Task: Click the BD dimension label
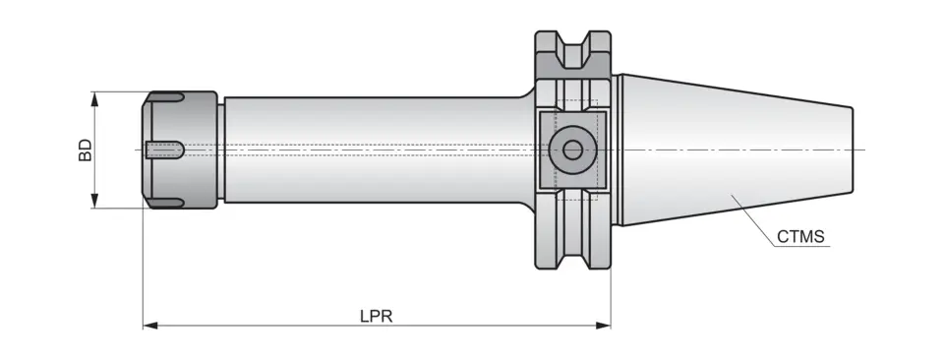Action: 86,150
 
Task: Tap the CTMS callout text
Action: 799,237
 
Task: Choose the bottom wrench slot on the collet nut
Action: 167,203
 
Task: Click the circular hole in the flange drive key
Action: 571,150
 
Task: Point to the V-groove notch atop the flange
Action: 572,44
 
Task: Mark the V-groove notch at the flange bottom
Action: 572,257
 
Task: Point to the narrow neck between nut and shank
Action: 220,150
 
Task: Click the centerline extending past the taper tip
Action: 859,150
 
